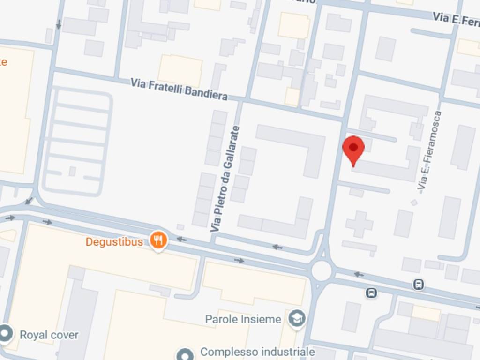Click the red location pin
click(x=353, y=149)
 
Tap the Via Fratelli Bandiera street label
click(x=179, y=89)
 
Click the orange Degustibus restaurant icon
click(x=159, y=240)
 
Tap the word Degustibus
click(x=114, y=242)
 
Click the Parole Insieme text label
click(x=243, y=319)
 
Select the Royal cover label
click(x=49, y=335)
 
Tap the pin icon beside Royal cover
click(x=6, y=334)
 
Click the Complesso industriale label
click(x=257, y=352)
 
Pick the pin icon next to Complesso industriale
click(x=185, y=353)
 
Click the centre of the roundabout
click(x=322, y=271)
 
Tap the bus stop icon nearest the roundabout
click(x=371, y=293)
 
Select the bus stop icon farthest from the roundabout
click(x=419, y=284)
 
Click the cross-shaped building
click(x=360, y=224)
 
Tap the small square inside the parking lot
click(x=72, y=171)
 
